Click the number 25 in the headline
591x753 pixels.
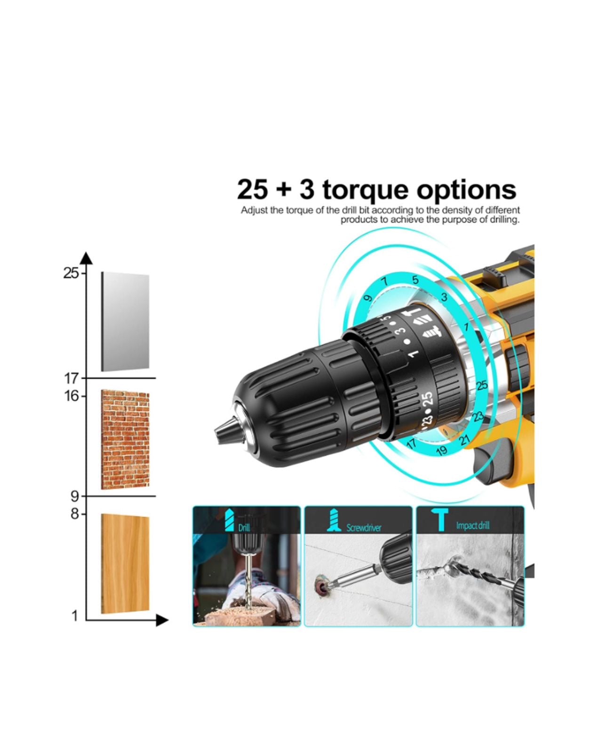(x=253, y=190)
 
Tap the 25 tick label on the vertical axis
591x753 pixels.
(x=71, y=273)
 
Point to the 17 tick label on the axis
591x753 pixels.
(x=72, y=378)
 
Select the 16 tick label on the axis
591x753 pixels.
(x=72, y=396)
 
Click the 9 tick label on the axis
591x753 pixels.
(x=75, y=496)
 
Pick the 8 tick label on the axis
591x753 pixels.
(x=75, y=514)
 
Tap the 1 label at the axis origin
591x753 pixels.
(x=74, y=616)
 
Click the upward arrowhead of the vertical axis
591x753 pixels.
(x=86, y=258)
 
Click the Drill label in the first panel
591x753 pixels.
(x=244, y=528)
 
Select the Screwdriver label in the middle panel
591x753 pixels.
(x=364, y=528)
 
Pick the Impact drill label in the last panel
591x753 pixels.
(x=472, y=525)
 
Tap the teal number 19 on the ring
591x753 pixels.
(x=441, y=451)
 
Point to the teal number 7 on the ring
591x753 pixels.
(x=385, y=282)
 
